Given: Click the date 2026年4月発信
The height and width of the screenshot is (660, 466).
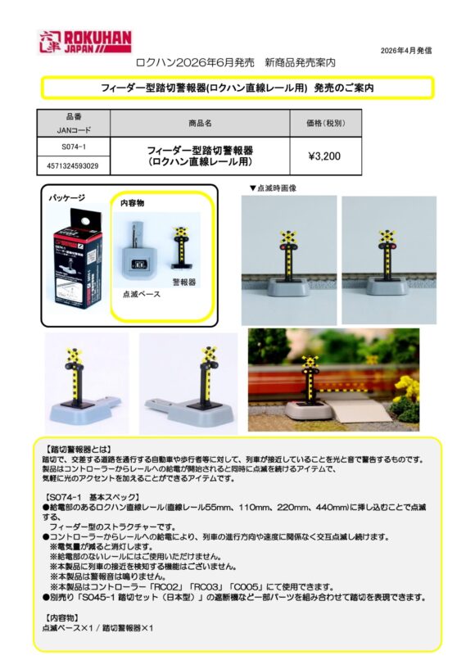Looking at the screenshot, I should click(x=406, y=51).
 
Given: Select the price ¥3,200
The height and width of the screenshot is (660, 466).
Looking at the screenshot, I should click(x=324, y=156).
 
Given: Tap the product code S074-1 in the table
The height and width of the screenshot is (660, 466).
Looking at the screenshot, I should click(x=74, y=146).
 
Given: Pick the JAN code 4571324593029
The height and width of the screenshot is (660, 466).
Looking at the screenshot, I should click(x=74, y=165).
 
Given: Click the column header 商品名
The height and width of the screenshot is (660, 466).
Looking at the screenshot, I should click(x=200, y=123).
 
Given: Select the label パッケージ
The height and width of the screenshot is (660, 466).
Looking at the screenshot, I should click(x=66, y=199).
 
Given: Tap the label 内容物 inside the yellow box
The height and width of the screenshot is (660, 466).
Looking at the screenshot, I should click(x=133, y=202).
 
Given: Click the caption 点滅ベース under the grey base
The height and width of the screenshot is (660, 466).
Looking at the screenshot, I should click(x=140, y=292).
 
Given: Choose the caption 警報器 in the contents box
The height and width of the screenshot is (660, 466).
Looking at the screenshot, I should click(x=184, y=281).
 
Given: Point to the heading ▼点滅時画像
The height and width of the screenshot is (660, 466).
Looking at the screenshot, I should click(x=272, y=188).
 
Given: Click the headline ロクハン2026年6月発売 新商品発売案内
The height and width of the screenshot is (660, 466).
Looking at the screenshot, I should click(x=235, y=62).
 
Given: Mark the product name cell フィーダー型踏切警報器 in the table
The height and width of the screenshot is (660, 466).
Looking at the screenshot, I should click(x=200, y=156).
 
